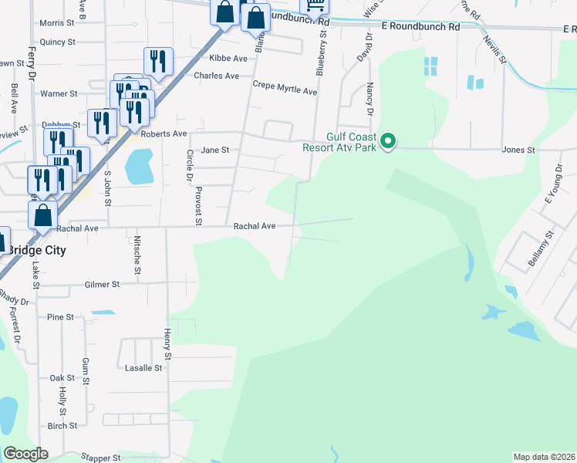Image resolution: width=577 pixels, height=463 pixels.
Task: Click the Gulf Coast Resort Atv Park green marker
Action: [x=390, y=141]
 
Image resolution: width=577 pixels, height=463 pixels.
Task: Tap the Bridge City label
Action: [x=36, y=251]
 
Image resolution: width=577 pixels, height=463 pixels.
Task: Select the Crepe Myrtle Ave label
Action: [x=285, y=91]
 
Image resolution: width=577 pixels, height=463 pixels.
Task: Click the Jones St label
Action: [x=518, y=150]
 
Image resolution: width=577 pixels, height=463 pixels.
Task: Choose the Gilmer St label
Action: [x=104, y=285]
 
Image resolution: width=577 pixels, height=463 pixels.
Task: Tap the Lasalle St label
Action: [x=143, y=368]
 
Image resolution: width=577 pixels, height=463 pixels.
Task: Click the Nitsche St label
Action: [x=137, y=255]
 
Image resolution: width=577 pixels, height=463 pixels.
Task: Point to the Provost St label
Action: [x=198, y=206]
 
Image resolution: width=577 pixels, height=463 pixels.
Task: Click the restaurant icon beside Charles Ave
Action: [x=158, y=62]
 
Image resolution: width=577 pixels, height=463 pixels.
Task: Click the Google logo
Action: [x=26, y=453]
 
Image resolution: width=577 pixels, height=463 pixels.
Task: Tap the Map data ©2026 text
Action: [x=544, y=457]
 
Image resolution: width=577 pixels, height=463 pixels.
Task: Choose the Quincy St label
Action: [x=58, y=42]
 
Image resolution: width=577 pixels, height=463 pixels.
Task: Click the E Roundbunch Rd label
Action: [x=420, y=26]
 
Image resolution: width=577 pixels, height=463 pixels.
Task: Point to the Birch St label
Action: [x=62, y=426]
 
